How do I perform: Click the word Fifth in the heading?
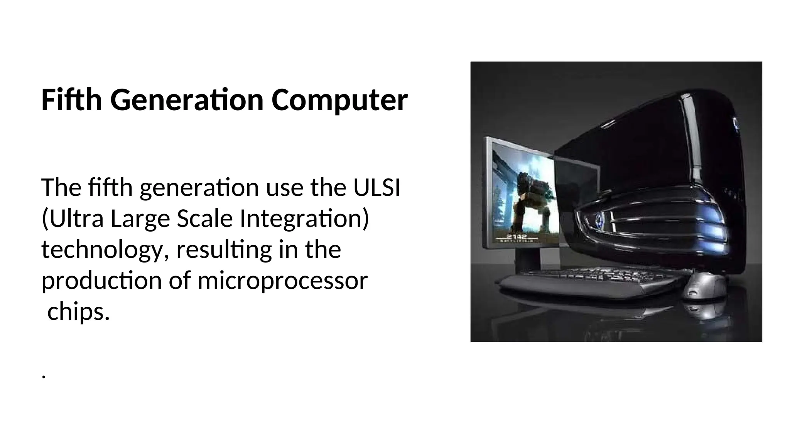point(71,100)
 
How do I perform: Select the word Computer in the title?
point(339,100)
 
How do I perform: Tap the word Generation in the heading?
point(187,100)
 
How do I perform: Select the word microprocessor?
point(282,281)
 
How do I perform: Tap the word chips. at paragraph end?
point(79,311)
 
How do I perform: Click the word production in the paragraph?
point(101,281)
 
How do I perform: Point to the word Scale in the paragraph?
point(204,219)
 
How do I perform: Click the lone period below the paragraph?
point(44,376)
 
